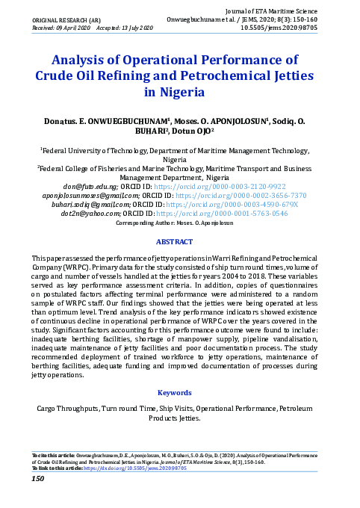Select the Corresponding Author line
tap(180, 223)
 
